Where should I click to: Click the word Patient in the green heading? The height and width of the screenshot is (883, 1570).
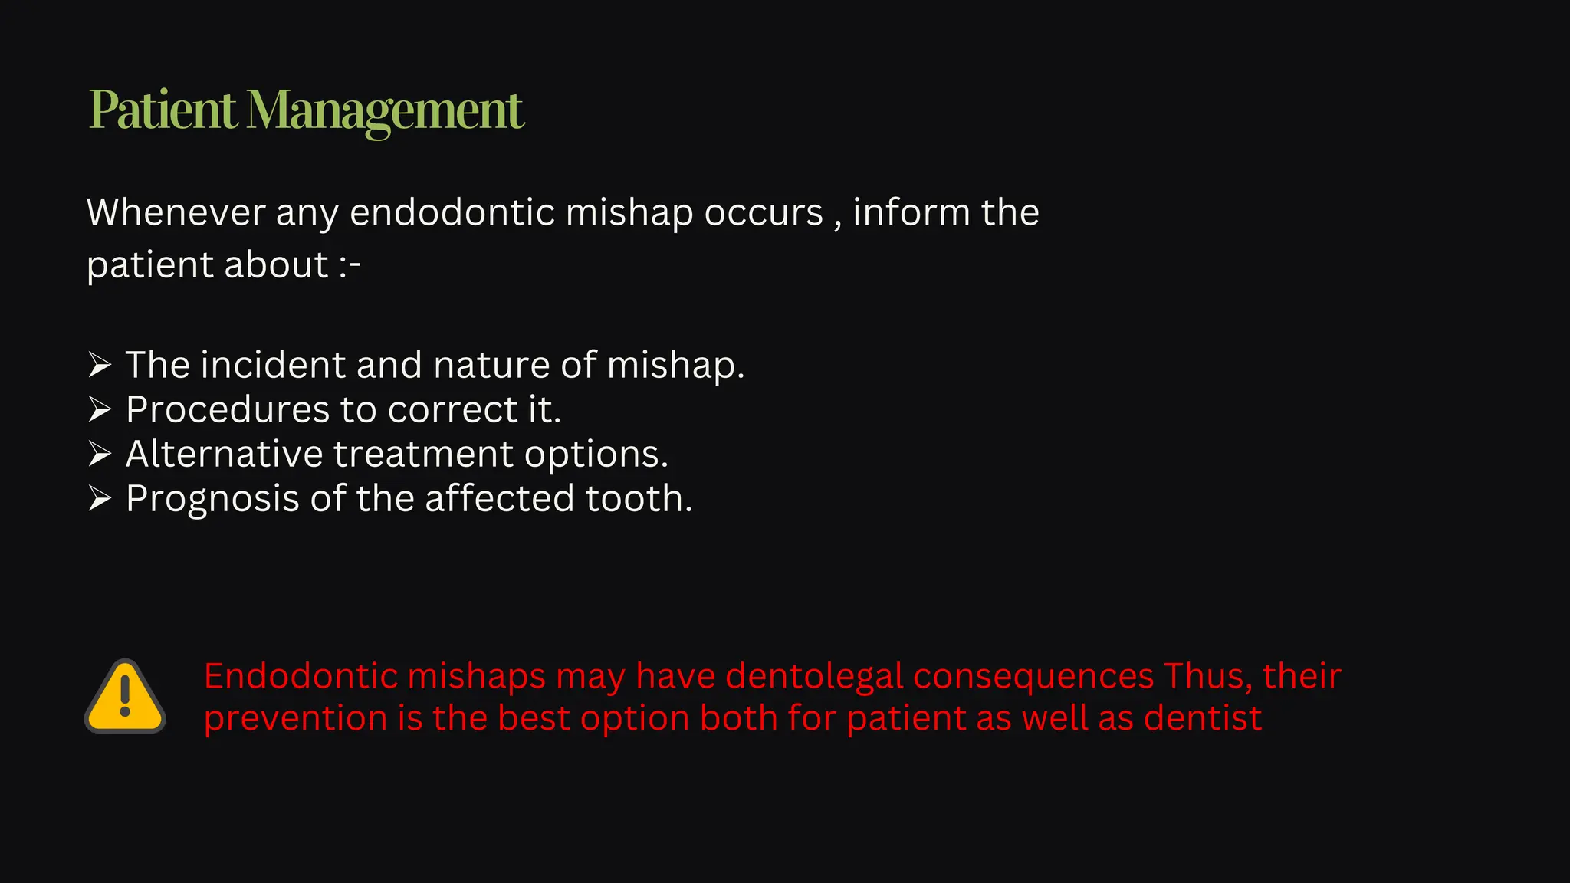163,110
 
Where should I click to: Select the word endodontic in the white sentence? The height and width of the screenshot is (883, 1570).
452,212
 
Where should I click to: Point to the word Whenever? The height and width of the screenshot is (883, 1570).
176,212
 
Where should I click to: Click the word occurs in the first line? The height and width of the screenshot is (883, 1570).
764,214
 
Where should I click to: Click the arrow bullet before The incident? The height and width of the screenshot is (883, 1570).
100,365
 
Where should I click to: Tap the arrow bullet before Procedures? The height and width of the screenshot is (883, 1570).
100,409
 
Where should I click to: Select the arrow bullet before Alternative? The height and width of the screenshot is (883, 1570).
100,454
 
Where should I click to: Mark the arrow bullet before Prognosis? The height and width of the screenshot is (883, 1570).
100,498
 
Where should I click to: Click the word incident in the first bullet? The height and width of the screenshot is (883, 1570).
273,365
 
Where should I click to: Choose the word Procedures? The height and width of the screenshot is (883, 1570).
228,410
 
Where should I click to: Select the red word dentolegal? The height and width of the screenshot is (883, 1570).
814,677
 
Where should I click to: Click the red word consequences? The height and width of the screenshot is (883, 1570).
1033,677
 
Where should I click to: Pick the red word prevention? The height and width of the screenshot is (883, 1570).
296,719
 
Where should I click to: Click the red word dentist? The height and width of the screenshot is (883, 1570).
1202,719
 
